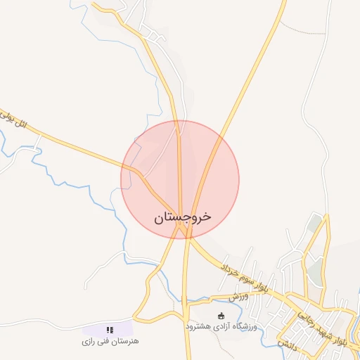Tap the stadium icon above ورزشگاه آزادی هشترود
(221, 316)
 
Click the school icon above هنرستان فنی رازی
(109, 329)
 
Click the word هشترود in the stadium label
(199, 327)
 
